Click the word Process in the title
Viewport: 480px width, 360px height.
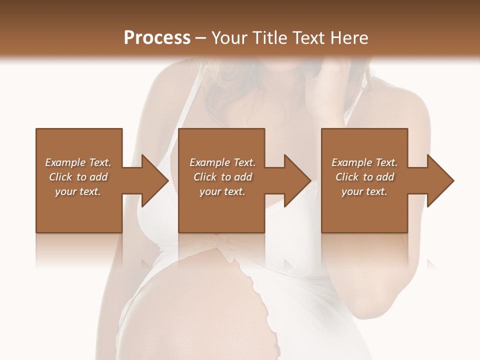coord(157,38)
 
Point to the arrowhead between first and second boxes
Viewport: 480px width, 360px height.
coord(152,180)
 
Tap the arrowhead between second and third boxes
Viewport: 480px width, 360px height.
coord(295,180)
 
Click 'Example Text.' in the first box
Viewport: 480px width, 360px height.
coord(78,162)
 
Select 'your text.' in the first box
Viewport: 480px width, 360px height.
coord(78,191)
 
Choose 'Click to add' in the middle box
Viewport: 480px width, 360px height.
coord(222,177)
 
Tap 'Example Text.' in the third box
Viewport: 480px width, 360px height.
coord(364,162)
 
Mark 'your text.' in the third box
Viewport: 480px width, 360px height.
coord(364,191)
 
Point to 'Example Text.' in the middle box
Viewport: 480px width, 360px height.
coord(222,162)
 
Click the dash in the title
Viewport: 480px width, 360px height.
coord(201,38)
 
